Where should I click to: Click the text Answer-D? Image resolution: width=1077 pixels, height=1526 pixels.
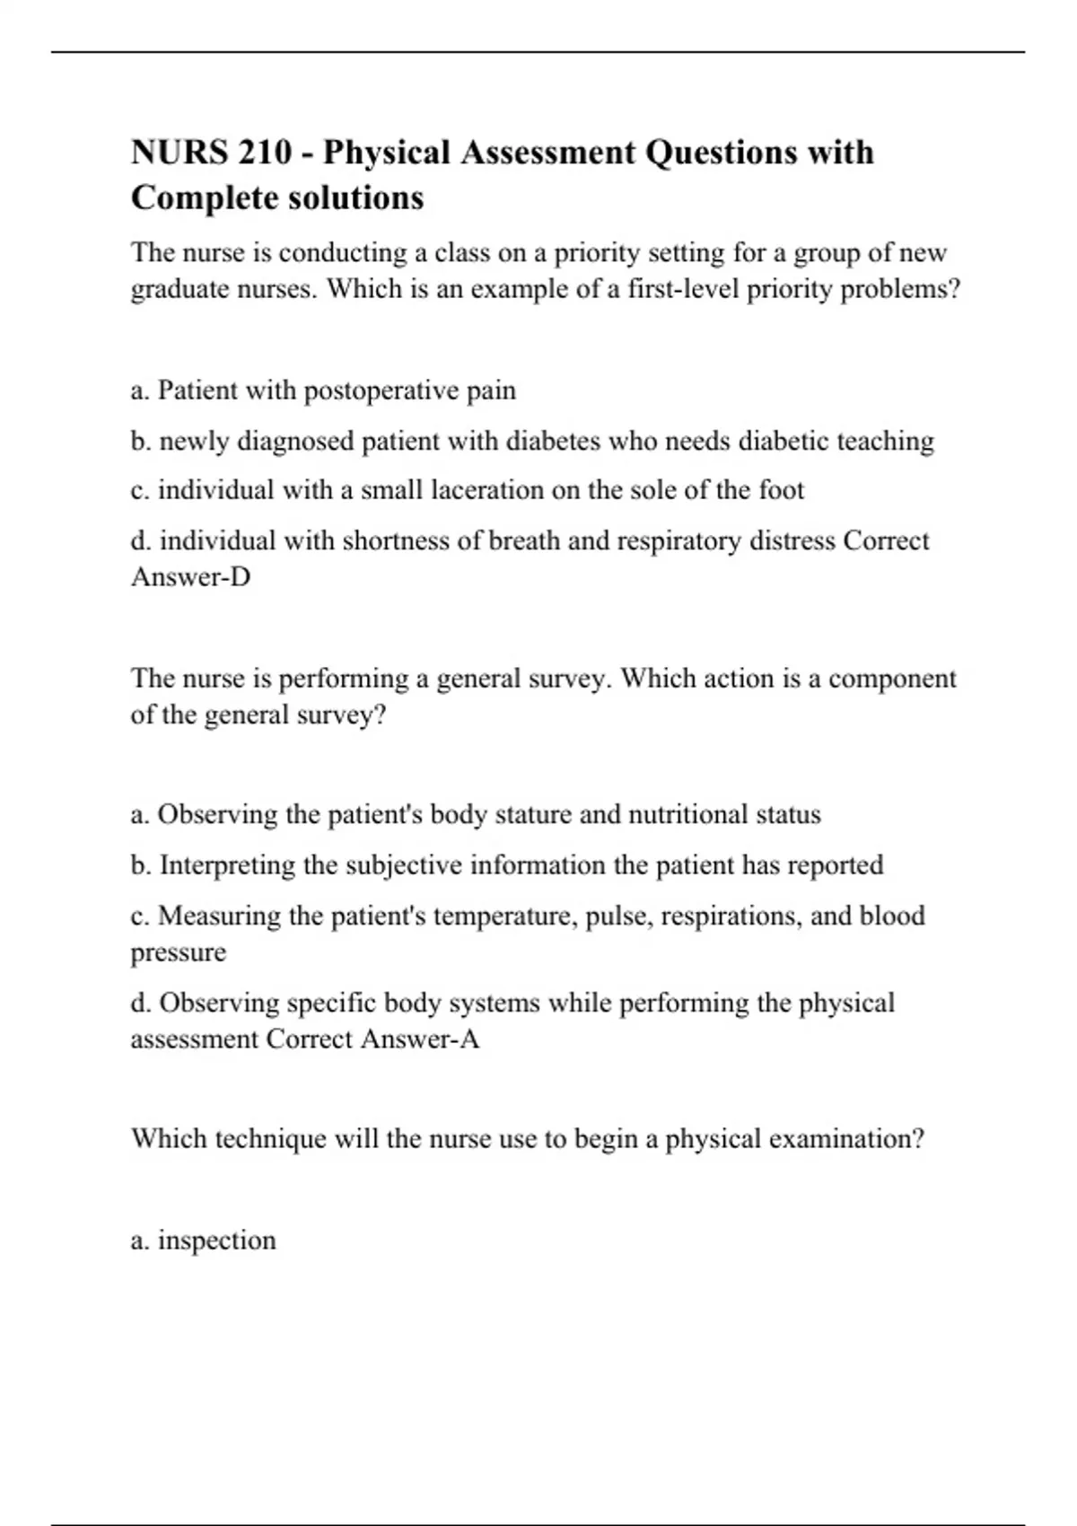[x=190, y=577]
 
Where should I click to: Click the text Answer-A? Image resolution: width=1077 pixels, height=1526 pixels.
[x=420, y=1039]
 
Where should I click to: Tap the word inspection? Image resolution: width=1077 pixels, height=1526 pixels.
[x=216, y=1241]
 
